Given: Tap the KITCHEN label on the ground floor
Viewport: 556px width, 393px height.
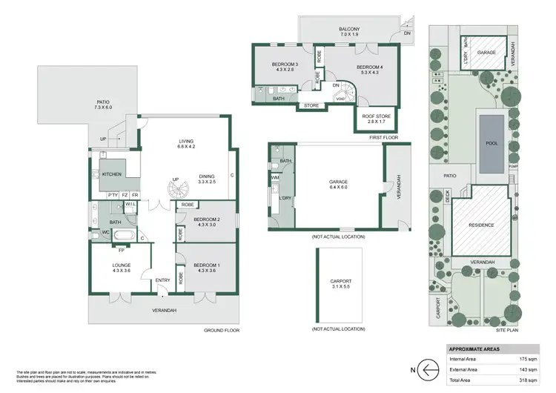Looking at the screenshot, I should [111, 174].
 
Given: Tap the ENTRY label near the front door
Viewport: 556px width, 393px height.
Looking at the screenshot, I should [163, 280].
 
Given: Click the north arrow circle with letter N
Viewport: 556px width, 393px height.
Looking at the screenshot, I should [426, 369].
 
